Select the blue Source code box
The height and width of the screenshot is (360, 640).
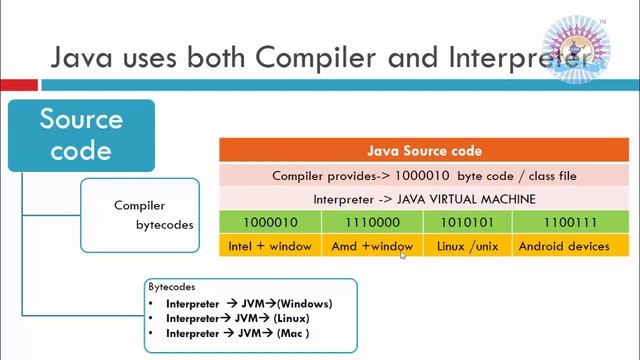pos(81,135)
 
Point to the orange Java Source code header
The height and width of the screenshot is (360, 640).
pos(424,151)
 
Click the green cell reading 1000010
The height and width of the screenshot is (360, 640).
pos(270,222)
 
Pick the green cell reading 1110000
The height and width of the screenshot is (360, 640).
pos(372,222)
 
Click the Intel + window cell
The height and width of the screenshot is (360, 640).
pos(270,246)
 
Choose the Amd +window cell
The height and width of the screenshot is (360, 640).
pos(372,246)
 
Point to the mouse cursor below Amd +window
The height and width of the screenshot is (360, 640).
pos(403,256)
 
